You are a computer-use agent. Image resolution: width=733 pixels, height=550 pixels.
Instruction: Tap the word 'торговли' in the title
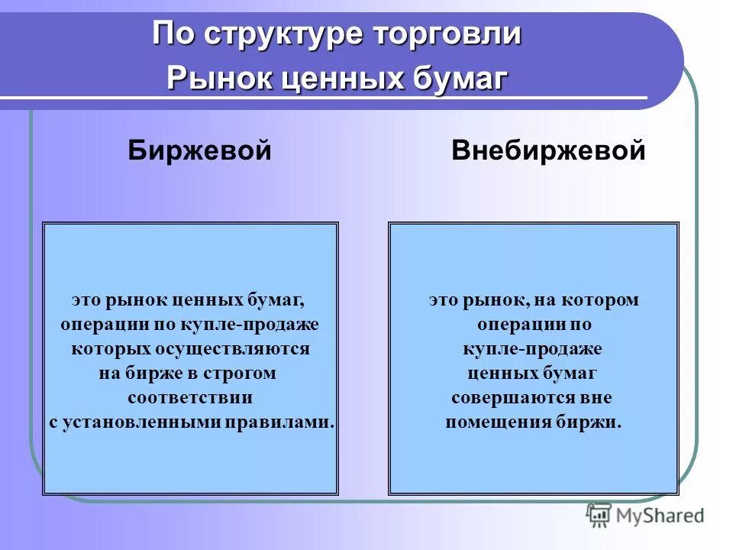[447, 35]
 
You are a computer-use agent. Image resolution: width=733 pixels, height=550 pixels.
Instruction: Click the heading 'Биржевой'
[199, 150]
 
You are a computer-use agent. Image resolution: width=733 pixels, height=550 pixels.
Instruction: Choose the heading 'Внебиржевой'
[548, 150]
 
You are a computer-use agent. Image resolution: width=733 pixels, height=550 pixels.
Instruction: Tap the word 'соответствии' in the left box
[190, 398]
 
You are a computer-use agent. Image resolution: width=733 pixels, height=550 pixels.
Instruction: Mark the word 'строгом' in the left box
[244, 374]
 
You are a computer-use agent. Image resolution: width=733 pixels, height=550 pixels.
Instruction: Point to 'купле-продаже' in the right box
[532, 349]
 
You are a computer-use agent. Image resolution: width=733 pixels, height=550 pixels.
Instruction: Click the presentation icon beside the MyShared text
[599, 516]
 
